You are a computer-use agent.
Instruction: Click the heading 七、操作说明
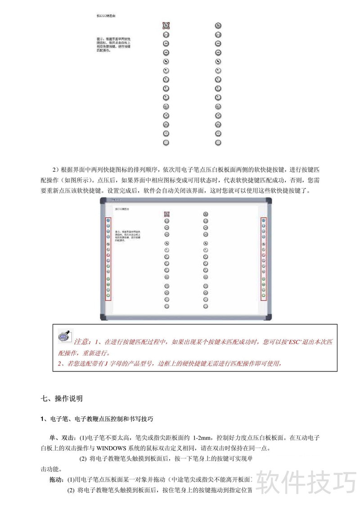point(62,398)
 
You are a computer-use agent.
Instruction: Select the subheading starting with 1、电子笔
point(97,419)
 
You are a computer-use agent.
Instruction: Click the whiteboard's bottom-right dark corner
point(269,317)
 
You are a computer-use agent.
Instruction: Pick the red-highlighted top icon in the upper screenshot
point(166,26)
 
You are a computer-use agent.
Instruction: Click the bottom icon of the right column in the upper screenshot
point(218,142)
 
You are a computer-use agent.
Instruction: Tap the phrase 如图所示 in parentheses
point(76,180)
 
